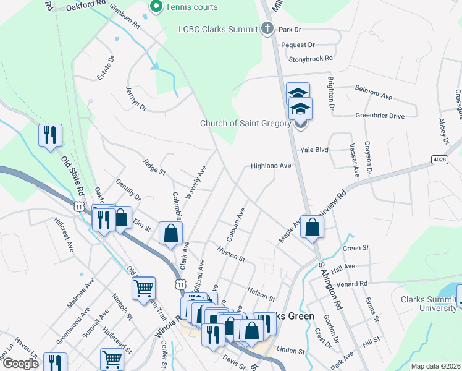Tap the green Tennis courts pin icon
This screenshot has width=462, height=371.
pos(156,7)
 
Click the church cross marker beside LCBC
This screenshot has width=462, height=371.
pos(267,28)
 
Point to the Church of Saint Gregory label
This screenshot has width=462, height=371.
pos(245,123)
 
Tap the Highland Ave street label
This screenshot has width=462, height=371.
pos(271,166)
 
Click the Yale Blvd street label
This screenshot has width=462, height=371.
pos(315,150)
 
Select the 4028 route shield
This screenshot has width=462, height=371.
pos(439,160)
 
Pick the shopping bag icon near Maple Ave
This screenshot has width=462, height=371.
pos(313,226)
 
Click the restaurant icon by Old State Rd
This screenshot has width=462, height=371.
pos(49,135)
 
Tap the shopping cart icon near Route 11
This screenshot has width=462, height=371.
pos(143,287)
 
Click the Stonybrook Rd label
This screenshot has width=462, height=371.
pos(311,58)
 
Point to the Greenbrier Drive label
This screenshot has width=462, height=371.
pos(379,116)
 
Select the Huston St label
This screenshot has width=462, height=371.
pos(231,253)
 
